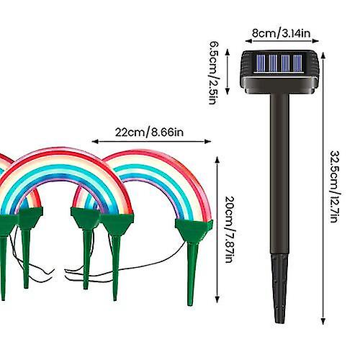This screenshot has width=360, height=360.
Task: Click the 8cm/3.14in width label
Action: pos(282,33)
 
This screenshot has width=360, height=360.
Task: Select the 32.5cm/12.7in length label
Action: pos(335,186)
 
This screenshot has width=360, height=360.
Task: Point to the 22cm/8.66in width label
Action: pos(149,132)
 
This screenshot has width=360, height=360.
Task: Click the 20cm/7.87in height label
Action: pos(230,229)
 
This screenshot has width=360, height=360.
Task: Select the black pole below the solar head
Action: pos(279,174)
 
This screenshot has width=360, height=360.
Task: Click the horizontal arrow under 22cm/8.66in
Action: pos(151,141)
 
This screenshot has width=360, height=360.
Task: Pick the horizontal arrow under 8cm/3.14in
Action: pos(282,41)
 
